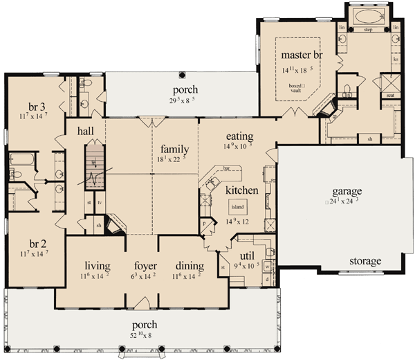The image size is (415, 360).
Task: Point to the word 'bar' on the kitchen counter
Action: tap(225, 168)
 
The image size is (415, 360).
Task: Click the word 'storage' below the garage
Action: tap(365, 261)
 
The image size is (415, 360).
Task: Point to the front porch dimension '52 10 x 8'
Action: tap(145, 334)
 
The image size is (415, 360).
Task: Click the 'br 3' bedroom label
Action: tap(37, 107)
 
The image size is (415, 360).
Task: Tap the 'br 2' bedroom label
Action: tap(37, 244)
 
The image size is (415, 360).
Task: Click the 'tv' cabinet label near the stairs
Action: tap(100, 203)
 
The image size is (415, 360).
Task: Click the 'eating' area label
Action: tap(239, 136)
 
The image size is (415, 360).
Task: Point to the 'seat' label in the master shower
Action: tap(390, 96)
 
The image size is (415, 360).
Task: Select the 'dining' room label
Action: tap(188, 266)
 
